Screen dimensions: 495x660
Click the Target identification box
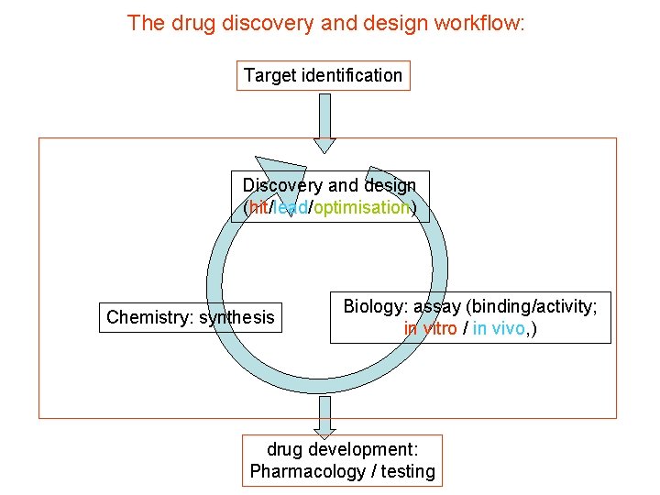(323, 75)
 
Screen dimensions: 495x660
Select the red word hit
(258, 208)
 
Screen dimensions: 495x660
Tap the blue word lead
(291, 208)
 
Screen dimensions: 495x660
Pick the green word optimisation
(361, 208)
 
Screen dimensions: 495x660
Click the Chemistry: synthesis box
(191, 317)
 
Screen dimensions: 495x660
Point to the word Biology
(375, 307)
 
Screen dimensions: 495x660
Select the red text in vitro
(430, 328)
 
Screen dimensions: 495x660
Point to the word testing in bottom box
(409, 471)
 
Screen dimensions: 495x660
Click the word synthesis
(236, 317)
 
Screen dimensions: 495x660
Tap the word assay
(438, 307)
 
